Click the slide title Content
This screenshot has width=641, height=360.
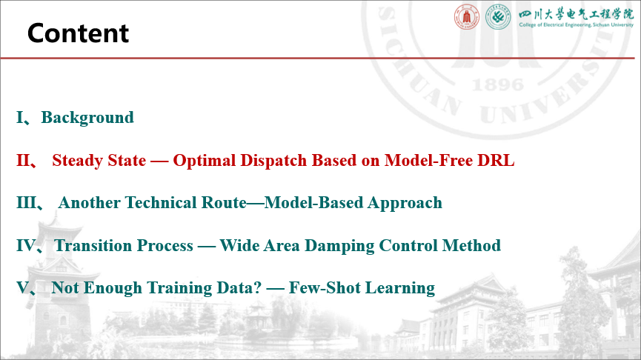click(78, 33)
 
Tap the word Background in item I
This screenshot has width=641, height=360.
click(87, 118)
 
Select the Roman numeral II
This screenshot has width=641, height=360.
click(23, 160)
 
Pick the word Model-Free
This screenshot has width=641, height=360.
click(428, 160)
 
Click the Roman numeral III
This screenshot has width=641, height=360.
click(27, 203)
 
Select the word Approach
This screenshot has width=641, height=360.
click(405, 203)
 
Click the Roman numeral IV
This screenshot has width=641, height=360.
click(26, 246)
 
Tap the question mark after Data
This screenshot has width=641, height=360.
click(257, 287)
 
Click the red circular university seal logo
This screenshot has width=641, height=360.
click(466, 17)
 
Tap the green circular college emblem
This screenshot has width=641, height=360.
click(498, 17)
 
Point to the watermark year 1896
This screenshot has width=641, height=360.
click(498, 85)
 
